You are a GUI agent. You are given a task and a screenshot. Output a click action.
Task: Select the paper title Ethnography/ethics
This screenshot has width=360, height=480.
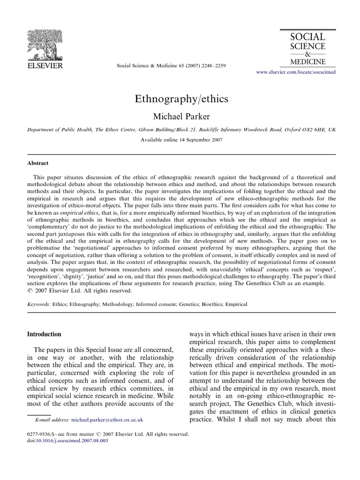[x=180, y=99]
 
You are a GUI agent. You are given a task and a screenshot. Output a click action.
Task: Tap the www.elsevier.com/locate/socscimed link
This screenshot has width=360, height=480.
[x=295, y=73]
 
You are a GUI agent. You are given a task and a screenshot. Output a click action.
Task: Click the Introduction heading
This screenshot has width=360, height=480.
[x=44, y=334]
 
